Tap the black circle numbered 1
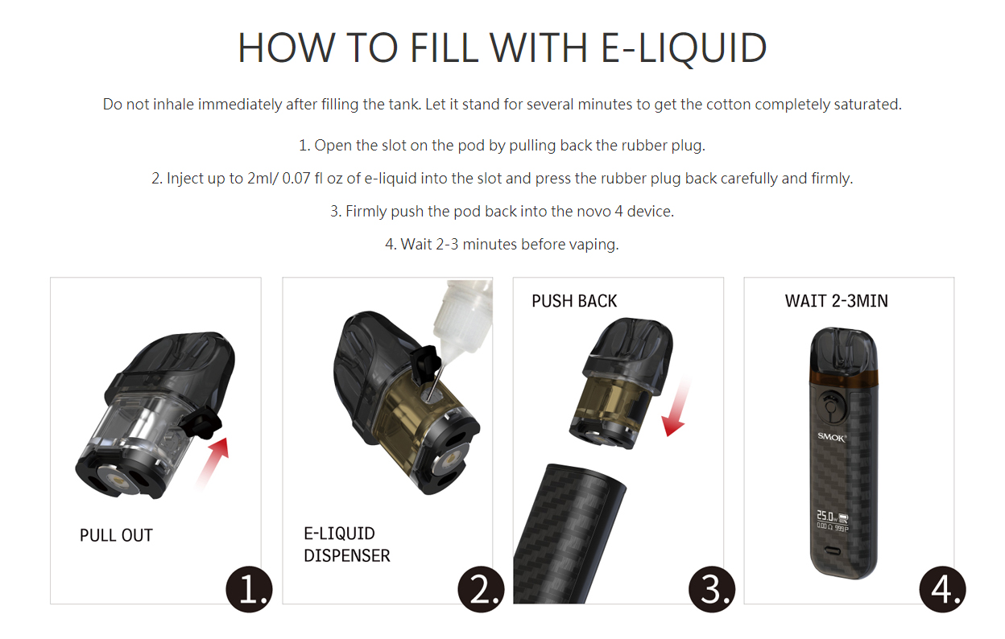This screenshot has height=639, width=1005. (x=249, y=590)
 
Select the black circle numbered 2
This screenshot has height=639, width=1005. (x=481, y=590)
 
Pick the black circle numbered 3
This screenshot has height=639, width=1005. (x=712, y=590)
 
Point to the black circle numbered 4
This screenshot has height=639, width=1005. (x=941, y=590)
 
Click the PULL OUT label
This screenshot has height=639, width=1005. (x=116, y=535)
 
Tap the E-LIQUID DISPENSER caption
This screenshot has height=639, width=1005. (x=346, y=544)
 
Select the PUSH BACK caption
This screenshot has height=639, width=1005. (x=574, y=301)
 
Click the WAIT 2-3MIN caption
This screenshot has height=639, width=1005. (x=836, y=301)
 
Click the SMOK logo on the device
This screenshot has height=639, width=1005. (x=832, y=437)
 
